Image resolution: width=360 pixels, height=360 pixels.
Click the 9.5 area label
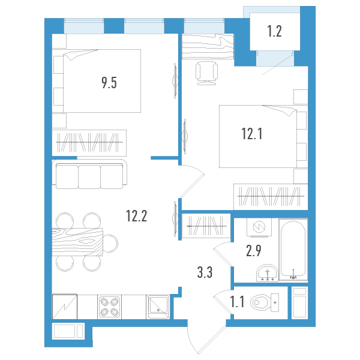coord(109,83)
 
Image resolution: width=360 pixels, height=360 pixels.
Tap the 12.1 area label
coord(252,134)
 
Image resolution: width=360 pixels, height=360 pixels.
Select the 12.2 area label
coord(136,216)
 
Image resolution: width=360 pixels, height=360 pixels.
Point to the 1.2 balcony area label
coord(275,31)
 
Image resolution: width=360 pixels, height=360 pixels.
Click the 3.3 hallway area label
coord(205,272)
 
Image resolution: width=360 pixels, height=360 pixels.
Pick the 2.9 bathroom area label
coord(254,251)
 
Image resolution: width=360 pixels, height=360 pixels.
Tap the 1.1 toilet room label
coord(237,302)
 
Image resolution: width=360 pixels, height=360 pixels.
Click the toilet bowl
coord(265,302)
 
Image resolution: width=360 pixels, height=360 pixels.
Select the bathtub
coord(293,250)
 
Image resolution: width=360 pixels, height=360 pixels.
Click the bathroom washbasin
coord(267,273)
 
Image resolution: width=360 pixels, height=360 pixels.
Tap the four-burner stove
coord(110,307)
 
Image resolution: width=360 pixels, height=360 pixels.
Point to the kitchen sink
coord(158,307)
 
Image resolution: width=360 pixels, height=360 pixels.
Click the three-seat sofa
coord(89,175)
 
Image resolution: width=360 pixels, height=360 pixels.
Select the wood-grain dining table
coord(77,242)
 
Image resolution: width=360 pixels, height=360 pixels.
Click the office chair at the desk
coord(206,73)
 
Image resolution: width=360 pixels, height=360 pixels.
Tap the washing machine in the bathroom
coord(259,227)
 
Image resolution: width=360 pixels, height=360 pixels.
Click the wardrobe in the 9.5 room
coord(89,143)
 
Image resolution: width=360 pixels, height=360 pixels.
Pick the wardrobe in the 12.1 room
coord(271,197)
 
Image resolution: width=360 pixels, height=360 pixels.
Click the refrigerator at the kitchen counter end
coord(65,307)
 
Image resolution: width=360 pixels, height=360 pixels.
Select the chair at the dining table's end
coord(110,244)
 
